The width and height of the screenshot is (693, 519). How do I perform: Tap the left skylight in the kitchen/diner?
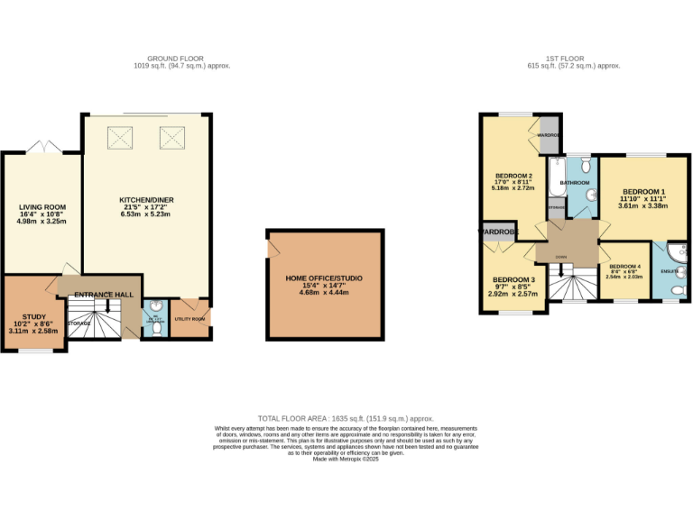click(119, 137)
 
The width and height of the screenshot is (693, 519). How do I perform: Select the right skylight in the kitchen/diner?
click(172, 137)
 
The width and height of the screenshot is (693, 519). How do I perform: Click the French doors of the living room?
click(42, 147)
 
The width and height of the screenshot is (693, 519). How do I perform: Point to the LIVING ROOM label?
click(42, 207)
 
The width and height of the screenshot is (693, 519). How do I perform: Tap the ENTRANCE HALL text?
click(103, 295)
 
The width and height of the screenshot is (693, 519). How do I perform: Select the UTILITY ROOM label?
click(189, 319)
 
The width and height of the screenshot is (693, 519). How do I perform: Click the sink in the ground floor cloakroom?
click(154, 305)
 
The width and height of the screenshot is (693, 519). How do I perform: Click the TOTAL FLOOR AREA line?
click(346, 419)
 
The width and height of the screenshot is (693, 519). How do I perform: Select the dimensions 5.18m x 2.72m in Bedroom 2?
click(513, 187)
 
